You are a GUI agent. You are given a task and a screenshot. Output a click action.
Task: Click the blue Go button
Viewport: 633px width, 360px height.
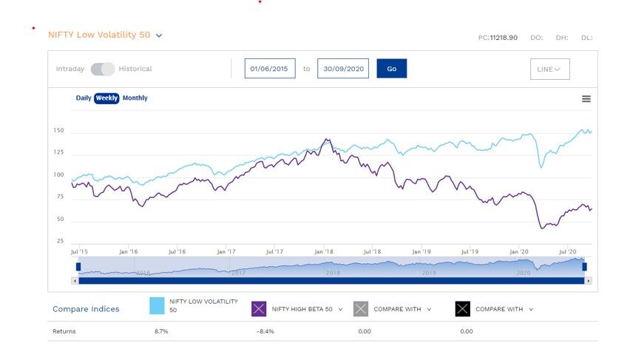391,69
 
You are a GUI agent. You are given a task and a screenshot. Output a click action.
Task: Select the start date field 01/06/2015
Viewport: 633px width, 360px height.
270,69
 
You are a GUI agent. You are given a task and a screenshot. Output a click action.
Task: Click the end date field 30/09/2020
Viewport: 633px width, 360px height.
343,69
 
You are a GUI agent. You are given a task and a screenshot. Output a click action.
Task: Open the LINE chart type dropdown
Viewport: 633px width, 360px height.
549,69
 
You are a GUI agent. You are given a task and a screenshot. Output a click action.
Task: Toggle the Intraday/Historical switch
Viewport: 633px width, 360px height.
103,69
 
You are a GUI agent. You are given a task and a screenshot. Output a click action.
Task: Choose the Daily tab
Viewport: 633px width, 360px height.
84,98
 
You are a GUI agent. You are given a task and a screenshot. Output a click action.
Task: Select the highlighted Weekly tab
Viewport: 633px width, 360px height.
106,98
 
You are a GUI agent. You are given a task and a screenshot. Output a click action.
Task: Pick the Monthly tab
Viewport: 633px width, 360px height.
135,98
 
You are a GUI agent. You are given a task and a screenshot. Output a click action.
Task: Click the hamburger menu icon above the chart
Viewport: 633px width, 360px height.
586,99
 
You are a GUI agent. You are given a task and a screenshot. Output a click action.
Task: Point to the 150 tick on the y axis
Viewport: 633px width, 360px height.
58,131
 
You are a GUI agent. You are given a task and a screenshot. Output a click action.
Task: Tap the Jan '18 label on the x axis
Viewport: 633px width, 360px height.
323,252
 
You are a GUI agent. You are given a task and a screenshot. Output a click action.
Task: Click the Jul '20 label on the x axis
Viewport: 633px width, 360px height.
567,252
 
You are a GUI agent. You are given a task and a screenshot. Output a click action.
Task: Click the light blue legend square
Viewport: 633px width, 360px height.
157,307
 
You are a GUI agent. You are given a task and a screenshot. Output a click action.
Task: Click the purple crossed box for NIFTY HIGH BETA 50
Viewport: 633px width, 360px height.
259,309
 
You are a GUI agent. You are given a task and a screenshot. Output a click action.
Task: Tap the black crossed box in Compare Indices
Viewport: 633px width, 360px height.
462,309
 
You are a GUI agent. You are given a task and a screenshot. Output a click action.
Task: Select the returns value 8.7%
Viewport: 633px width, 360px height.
160,331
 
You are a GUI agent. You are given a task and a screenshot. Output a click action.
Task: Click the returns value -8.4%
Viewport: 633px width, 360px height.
265,331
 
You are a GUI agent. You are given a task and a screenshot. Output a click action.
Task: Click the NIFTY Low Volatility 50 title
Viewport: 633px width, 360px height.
99,35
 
